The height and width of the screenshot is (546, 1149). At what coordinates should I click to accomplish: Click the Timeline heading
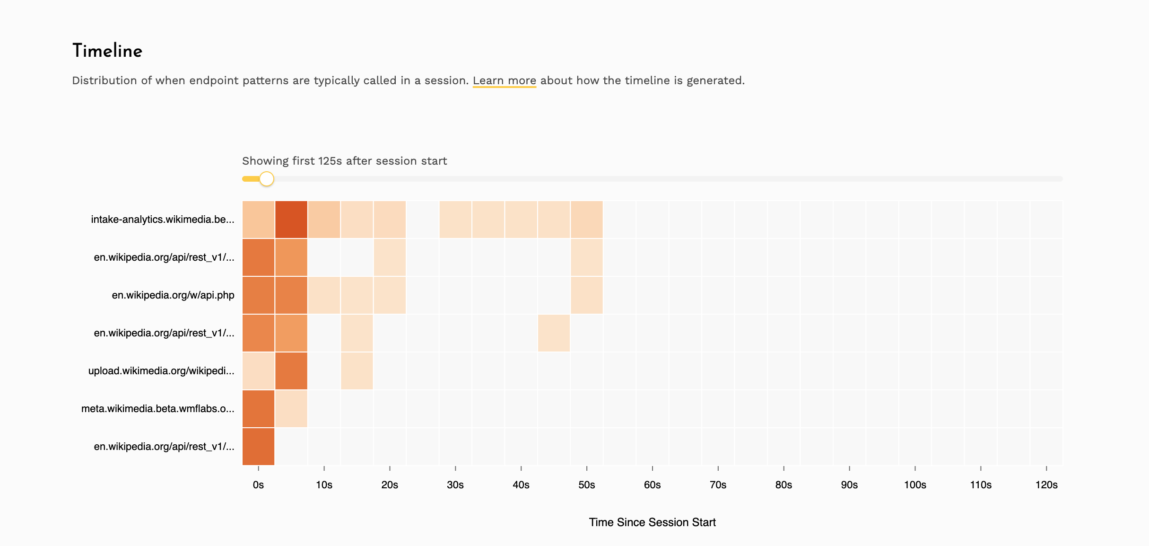[x=107, y=51]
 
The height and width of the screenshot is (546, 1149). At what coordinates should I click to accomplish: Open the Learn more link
[x=504, y=80]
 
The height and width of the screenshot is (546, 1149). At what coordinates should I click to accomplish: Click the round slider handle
[x=267, y=179]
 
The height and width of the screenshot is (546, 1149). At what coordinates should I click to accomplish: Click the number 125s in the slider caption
[x=330, y=161]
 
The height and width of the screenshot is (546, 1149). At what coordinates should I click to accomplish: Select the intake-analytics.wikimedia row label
[x=163, y=220]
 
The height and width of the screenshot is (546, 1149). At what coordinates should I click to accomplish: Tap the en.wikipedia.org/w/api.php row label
[x=173, y=295]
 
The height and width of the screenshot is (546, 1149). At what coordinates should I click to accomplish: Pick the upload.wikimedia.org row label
[x=161, y=371]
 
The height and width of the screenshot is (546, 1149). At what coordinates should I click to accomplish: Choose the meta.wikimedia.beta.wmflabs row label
[x=158, y=409]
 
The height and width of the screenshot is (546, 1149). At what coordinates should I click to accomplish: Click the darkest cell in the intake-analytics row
[x=291, y=220]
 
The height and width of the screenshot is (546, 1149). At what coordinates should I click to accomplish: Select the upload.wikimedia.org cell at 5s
[x=291, y=371]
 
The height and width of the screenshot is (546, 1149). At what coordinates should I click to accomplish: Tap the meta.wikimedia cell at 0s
[x=258, y=409]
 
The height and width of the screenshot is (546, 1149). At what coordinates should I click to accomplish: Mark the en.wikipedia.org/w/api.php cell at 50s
[x=587, y=295]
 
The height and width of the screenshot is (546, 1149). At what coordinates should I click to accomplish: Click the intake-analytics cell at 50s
[x=587, y=220]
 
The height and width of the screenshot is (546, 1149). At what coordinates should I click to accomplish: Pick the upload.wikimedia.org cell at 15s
[x=357, y=371]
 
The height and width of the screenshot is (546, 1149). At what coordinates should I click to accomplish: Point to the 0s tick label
[x=258, y=485]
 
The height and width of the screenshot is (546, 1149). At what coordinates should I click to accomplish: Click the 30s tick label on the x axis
[x=455, y=485]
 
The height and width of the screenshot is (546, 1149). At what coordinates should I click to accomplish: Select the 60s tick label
[x=653, y=485]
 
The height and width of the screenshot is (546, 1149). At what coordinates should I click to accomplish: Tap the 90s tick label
[x=849, y=485]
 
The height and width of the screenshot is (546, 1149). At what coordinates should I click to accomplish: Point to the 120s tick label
[x=1046, y=485]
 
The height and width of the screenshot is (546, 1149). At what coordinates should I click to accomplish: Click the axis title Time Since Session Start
[x=652, y=522]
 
